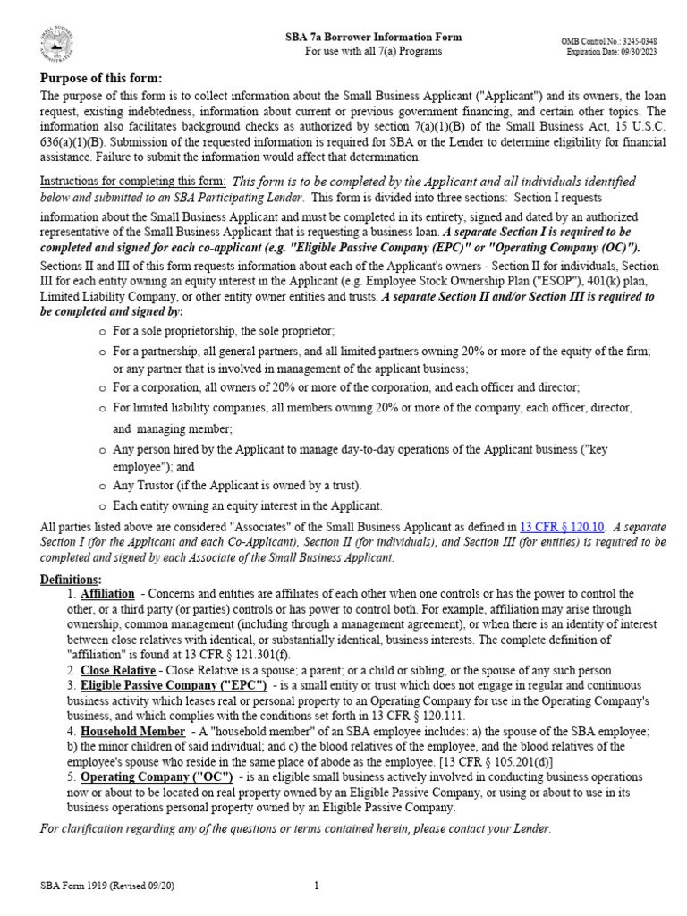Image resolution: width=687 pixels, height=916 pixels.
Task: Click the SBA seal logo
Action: tap(58, 46)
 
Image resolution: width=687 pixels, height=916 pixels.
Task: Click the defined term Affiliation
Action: tap(107, 594)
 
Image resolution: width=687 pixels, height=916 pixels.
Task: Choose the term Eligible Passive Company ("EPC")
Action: tap(174, 685)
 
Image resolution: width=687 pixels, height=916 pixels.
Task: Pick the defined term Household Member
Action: tap(132, 731)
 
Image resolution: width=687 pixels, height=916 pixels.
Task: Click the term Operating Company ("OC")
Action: tap(157, 776)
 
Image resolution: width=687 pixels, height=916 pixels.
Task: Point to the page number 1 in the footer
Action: tap(317, 886)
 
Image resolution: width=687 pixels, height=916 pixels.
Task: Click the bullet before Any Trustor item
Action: tap(103, 486)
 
